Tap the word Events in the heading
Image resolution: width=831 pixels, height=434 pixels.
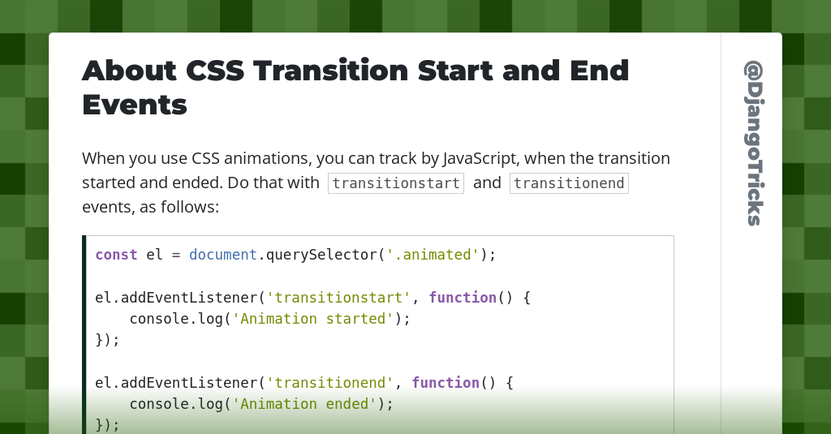coord(135,105)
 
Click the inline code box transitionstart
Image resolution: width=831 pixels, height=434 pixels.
coord(396,183)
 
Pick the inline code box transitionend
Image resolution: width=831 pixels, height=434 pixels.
coord(569,183)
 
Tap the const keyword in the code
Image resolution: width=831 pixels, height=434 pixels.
coord(116,255)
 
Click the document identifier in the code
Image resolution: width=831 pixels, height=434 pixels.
coord(223,255)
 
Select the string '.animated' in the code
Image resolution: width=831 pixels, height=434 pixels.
coord(433,255)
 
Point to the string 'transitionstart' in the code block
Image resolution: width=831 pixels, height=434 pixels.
coord(338,298)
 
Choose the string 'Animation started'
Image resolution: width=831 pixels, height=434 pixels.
coord(312,319)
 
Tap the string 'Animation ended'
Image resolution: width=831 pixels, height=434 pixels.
coord(304,403)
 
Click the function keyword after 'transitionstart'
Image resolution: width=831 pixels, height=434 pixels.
coord(463,298)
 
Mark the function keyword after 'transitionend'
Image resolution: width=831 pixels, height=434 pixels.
coord(446,382)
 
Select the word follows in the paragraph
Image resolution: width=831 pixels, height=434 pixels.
coord(191,207)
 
